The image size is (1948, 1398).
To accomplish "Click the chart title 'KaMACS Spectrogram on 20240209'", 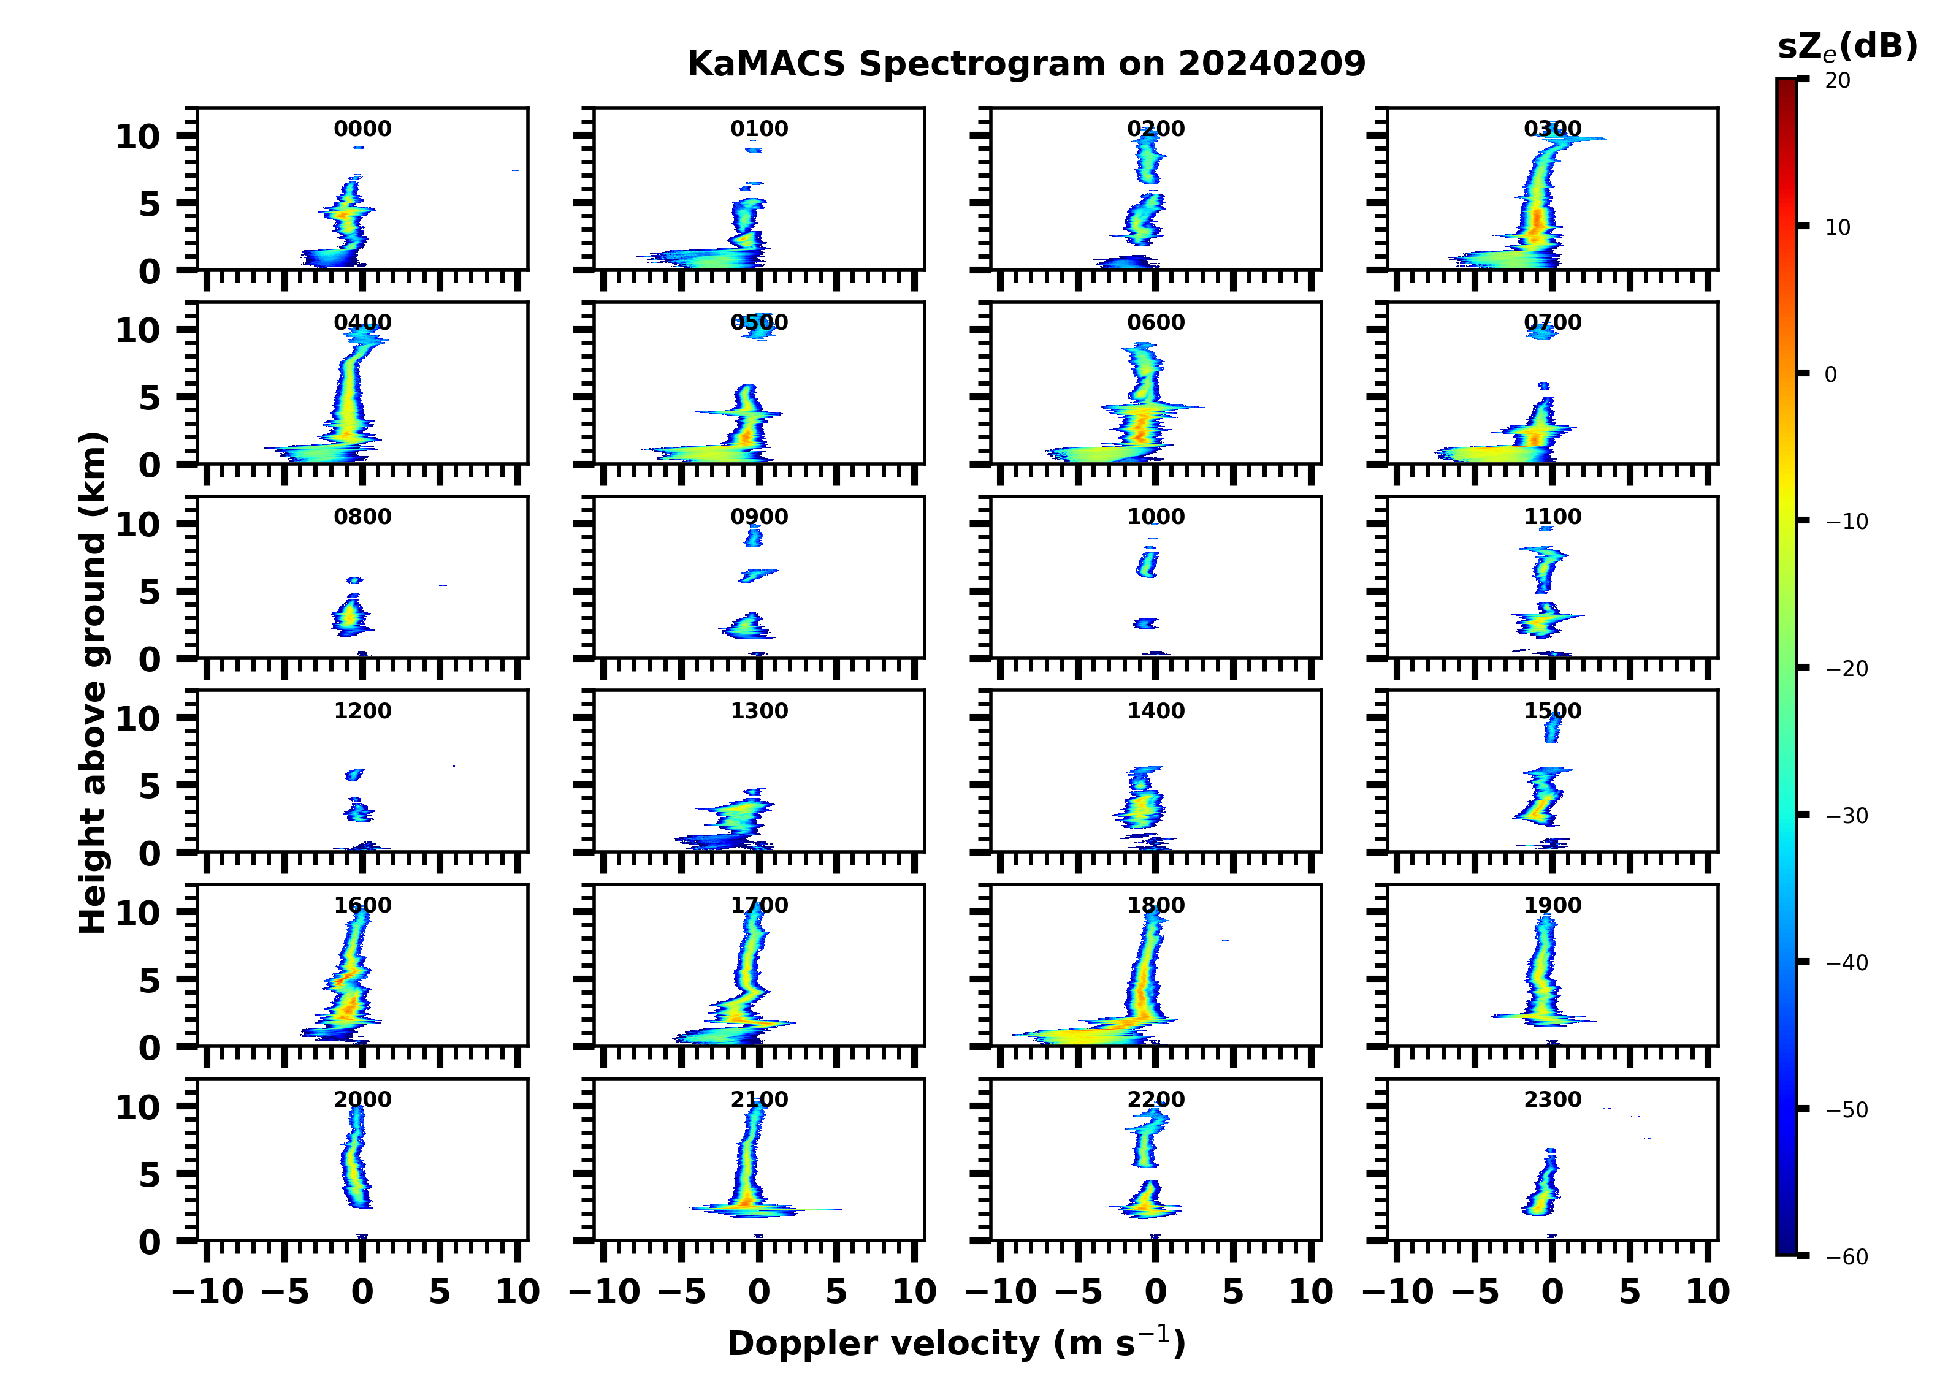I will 1026,64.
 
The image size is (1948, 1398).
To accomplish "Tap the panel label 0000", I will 362,129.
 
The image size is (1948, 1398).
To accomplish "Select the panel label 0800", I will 362,517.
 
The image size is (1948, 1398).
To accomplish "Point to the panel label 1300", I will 759,711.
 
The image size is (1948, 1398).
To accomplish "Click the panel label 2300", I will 1552,1099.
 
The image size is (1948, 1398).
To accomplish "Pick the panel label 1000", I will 1156,517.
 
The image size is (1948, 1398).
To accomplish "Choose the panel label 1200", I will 362,711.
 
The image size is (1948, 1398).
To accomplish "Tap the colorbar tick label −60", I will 1846,1257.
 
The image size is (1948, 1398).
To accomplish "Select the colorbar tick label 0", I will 1830,374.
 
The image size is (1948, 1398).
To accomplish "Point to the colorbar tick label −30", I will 1846,816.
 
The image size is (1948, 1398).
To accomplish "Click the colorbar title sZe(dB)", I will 1847,47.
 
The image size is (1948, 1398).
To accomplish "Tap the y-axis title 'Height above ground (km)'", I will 93,683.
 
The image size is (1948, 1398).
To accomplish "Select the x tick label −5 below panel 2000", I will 285,1291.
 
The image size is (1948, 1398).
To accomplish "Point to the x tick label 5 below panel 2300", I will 1629,1291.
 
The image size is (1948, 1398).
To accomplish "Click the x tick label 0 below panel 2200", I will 1156,1291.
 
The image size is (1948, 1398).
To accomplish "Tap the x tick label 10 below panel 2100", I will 914,1291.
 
